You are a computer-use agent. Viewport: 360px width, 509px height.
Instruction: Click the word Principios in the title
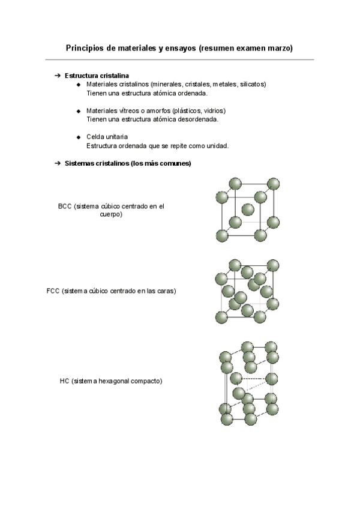click(x=83, y=47)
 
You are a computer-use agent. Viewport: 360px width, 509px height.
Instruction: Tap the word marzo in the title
click(x=279, y=47)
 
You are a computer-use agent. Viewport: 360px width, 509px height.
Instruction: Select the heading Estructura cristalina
click(x=96, y=76)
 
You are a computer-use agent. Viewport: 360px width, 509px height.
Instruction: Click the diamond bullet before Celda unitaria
click(x=79, y=137)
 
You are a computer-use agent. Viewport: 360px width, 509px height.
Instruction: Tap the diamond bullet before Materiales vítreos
click(x=79, y=111)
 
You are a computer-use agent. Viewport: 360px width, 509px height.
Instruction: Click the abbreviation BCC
click(x=65, y=206)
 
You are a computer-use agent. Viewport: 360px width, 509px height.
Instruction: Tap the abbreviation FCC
click(x=53, y=291)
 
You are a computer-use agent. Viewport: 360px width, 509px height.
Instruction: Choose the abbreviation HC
click(x=64, y=381)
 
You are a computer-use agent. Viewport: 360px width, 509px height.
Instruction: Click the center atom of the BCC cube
click(x=247, y=209)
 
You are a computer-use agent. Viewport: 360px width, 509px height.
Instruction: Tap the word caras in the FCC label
click(x=164, y=291)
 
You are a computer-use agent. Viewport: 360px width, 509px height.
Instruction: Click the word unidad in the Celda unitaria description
click(x=217, y=146)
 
